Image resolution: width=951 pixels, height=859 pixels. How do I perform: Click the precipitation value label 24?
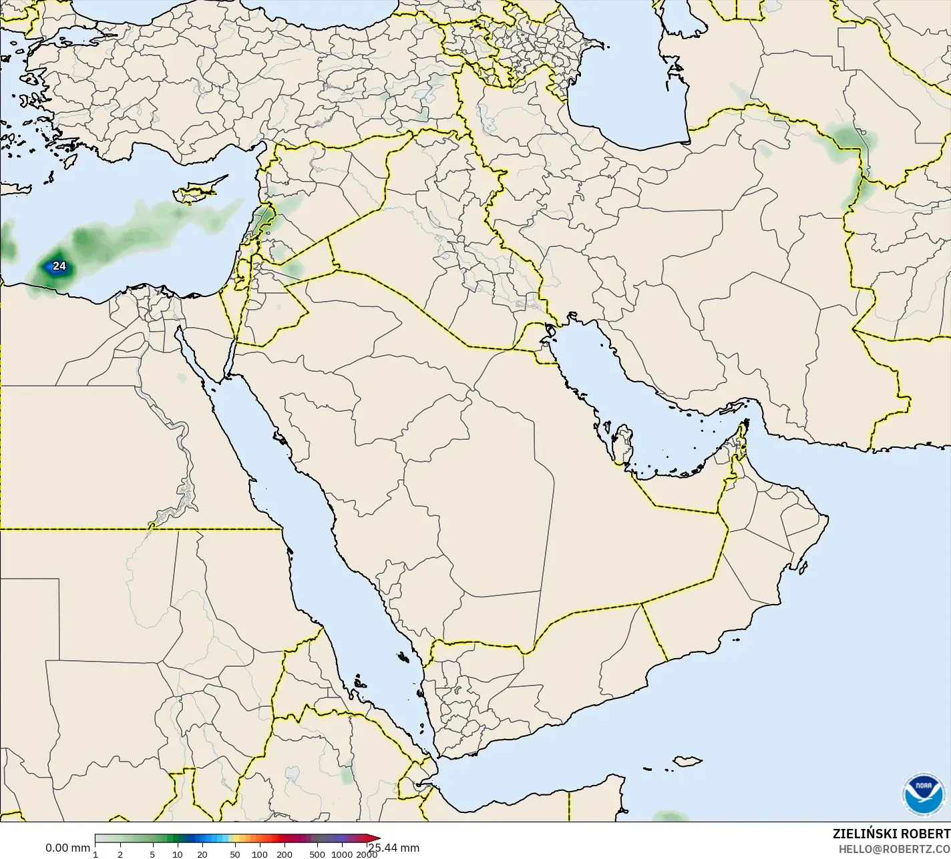pyautogui.click(x=59, y=266)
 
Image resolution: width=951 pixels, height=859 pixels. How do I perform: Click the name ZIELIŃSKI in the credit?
pyautogui.click(x=860, y=834)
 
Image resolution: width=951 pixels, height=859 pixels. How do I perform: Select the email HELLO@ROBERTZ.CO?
pyautogui.click(x=894, y=849)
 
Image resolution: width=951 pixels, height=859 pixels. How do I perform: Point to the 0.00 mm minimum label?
pyautogui.click(x=67, y=848)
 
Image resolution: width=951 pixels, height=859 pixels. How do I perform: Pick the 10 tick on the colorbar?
pyautogui.click(x=178, y=854)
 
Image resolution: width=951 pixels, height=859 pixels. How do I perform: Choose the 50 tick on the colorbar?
pyautogui.click(x=234, y=854)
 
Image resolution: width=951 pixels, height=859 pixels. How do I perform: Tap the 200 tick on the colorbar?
pyautogui.click(x=284, y=854)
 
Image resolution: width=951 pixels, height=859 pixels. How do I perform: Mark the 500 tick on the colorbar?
pyautogui.click(x=317, y=854)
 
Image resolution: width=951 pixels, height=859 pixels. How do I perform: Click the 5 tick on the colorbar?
pyautogui.click(x=152, y=854)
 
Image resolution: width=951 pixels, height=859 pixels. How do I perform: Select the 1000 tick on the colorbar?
pyautogui.click(x=342, y=854)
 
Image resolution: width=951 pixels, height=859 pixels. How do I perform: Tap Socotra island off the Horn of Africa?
pyautogui.click(x=687, y=760)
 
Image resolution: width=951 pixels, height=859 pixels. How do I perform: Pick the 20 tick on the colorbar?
pyautogui.click(x=202, y=854)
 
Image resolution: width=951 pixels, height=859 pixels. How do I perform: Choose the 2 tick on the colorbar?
pyautogui.click(x=120, y=854)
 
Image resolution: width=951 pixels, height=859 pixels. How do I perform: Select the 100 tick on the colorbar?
pyautogui.click(x=260, y=854)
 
